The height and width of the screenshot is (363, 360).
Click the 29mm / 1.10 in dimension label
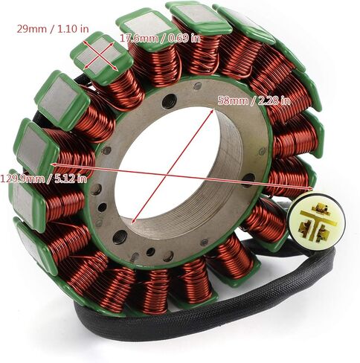(x=53, y=29)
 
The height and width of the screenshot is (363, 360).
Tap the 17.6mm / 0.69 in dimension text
(x=161, y=38)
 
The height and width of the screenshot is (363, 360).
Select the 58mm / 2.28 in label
(x=254, y=101)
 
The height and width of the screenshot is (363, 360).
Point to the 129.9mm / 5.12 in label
(x=44, y=179)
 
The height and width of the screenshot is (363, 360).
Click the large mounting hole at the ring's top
(x=170, y=101)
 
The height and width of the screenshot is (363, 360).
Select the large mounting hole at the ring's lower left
(x=120, y=237)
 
